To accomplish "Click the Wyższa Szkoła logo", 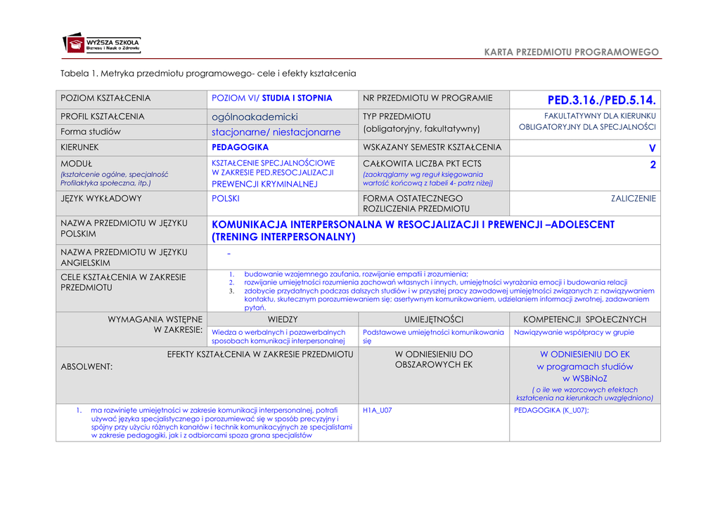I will [102, 44].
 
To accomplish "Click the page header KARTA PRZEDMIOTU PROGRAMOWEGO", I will [572, 53].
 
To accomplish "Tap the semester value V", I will [652, 147].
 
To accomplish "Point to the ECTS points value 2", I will [652, 165].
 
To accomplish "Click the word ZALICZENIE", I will [634, 199].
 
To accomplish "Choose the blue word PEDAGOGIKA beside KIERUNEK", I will [240, 147].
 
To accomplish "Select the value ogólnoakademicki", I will [255, 117].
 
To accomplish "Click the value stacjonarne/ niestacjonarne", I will [276, 132].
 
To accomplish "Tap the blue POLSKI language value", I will [226, 199].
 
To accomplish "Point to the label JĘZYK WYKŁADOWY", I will [101, 199].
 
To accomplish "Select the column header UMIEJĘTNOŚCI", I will [434, 319].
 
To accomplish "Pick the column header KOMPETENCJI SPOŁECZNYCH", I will [585, 319].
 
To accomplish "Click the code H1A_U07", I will [378, 410].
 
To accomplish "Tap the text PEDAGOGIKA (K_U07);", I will [552, 410].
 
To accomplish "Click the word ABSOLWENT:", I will [87, 366].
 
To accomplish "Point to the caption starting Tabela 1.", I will [208, 73].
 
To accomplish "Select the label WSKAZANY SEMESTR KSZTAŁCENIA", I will [432, 147].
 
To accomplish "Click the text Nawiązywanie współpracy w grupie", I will [574, 332].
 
